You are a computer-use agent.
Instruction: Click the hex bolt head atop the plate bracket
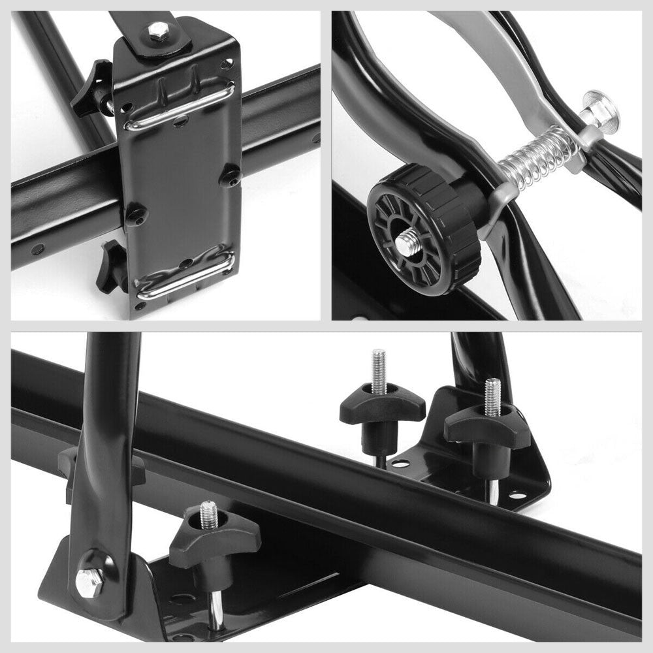[158, 30]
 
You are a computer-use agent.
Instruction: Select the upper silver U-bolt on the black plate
[179, 107]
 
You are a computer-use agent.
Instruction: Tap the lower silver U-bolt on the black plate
[185, 274]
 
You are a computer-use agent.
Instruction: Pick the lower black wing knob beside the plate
[112, 267]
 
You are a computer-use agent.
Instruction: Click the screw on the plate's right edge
[229, 176]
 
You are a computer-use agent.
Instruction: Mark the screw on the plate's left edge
[135, 215]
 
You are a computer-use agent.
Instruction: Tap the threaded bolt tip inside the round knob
[407, 244]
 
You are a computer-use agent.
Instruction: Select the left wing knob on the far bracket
[381, 409]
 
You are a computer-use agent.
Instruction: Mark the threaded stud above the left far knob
[379, 370]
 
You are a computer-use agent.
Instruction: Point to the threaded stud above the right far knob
[492, 396]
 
